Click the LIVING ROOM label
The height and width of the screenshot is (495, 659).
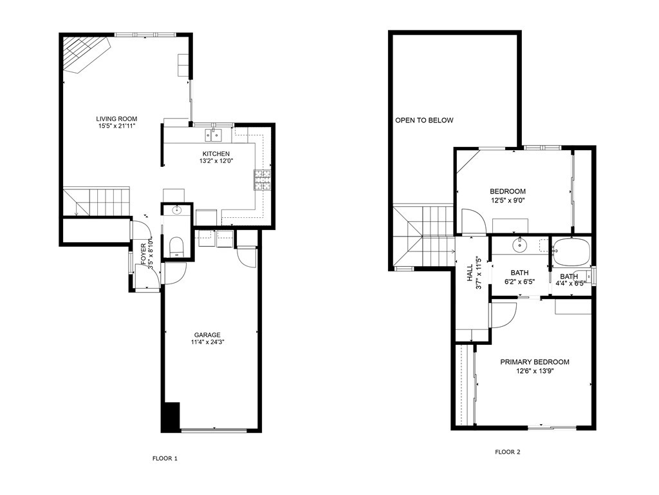click(116, 119)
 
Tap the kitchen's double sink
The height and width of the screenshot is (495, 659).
click(214, 134)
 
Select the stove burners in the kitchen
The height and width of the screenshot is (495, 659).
click(263, 180)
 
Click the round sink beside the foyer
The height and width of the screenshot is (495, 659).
click(176, 210)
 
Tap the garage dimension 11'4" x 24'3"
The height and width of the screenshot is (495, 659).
click(207, 343)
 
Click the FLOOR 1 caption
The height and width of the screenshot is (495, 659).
click(165, 458)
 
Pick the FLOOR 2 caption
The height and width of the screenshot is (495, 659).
click(508, 452)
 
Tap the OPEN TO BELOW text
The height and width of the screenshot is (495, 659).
click(424, 121)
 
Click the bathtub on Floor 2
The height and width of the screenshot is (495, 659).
click(572, 252)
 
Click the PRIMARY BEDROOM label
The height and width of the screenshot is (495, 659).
click(535, 362)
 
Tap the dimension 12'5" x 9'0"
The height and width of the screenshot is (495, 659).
click(508, 200)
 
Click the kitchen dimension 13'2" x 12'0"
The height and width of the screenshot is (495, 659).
click(216, 161)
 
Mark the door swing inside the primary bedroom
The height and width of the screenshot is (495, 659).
click(502, 314)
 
